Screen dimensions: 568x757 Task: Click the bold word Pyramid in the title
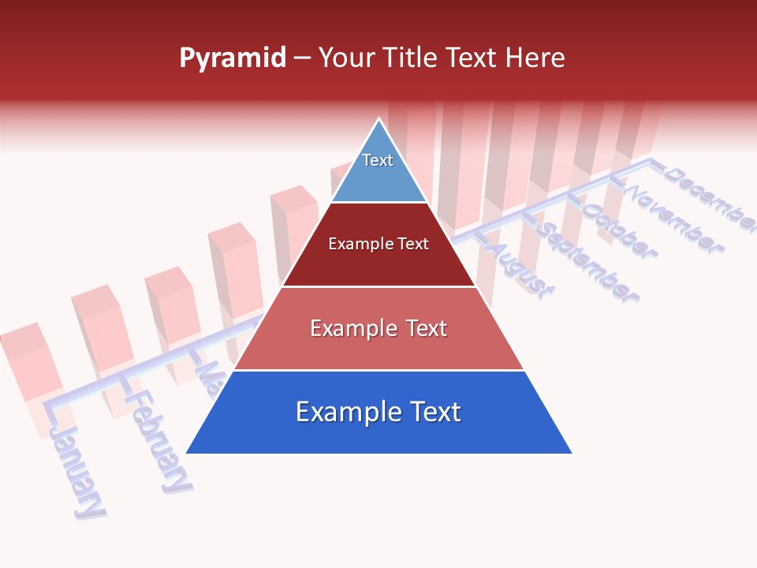[x=233, y=58]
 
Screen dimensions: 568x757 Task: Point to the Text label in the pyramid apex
[x=378, y=160]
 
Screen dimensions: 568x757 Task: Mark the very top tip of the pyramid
[x=379, y=119]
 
